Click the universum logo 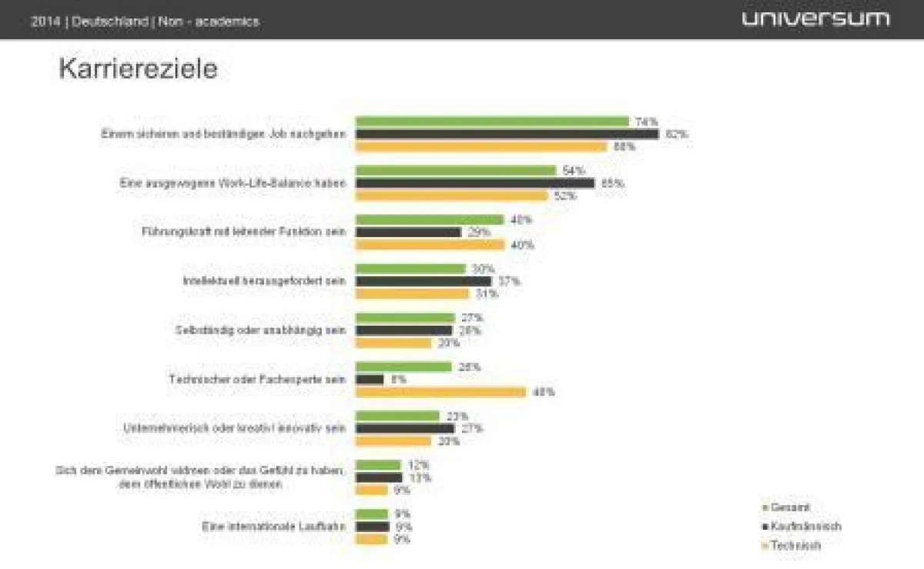[x=815, y=18]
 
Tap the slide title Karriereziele [x=138, y=69]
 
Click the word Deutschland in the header [x=111, y=22]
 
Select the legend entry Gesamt [x=789, y=507]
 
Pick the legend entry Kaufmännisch [x=805, y=527]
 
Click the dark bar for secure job [x=507, y=134]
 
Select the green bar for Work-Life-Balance [x=455, y=170]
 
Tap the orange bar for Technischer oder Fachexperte [x=440, y=392]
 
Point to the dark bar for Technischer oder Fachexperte [x=370, y=380]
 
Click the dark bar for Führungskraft [x=408, y=232]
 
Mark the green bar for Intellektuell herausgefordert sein [x=410, y=269]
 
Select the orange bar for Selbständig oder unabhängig [x=393, y=343]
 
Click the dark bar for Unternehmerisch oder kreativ [x=405, y=428]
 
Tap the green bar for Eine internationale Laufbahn [x=372, y=514]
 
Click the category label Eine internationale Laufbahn [x=273, y=527]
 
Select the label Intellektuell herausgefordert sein [x=263, y=281]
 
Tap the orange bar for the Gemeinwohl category [x=371, y=490]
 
